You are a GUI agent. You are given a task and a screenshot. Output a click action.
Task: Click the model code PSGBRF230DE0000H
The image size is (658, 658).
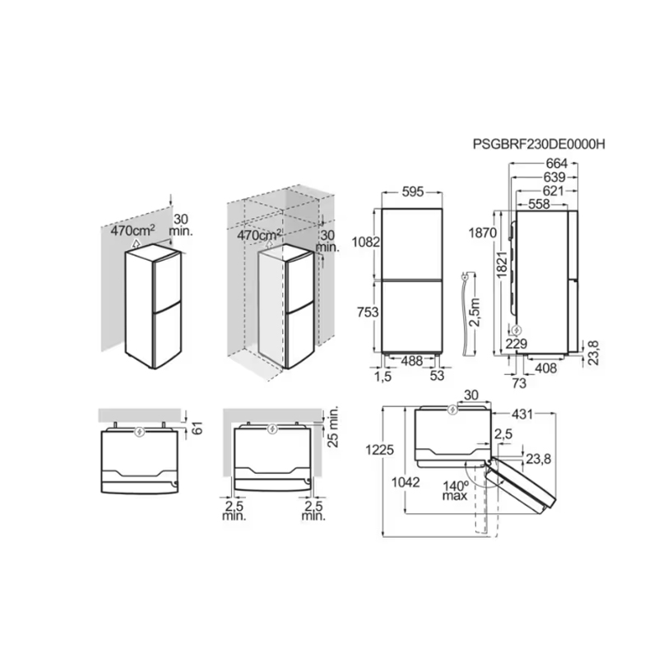539,144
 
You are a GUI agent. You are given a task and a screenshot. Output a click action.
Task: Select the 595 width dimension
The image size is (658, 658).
413,192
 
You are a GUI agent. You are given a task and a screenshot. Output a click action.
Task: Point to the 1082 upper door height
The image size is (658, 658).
366,242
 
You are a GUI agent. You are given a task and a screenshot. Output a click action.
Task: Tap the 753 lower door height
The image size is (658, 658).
368,312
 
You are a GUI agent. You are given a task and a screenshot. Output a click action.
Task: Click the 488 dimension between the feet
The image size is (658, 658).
412,360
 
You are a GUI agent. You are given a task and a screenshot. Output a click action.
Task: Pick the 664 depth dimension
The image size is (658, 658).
557,163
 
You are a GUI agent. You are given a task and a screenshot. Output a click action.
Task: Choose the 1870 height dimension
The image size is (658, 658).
483,233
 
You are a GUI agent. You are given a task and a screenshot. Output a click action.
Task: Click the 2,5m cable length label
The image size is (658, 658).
475,312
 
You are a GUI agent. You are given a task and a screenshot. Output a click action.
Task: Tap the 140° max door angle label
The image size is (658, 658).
456,491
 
